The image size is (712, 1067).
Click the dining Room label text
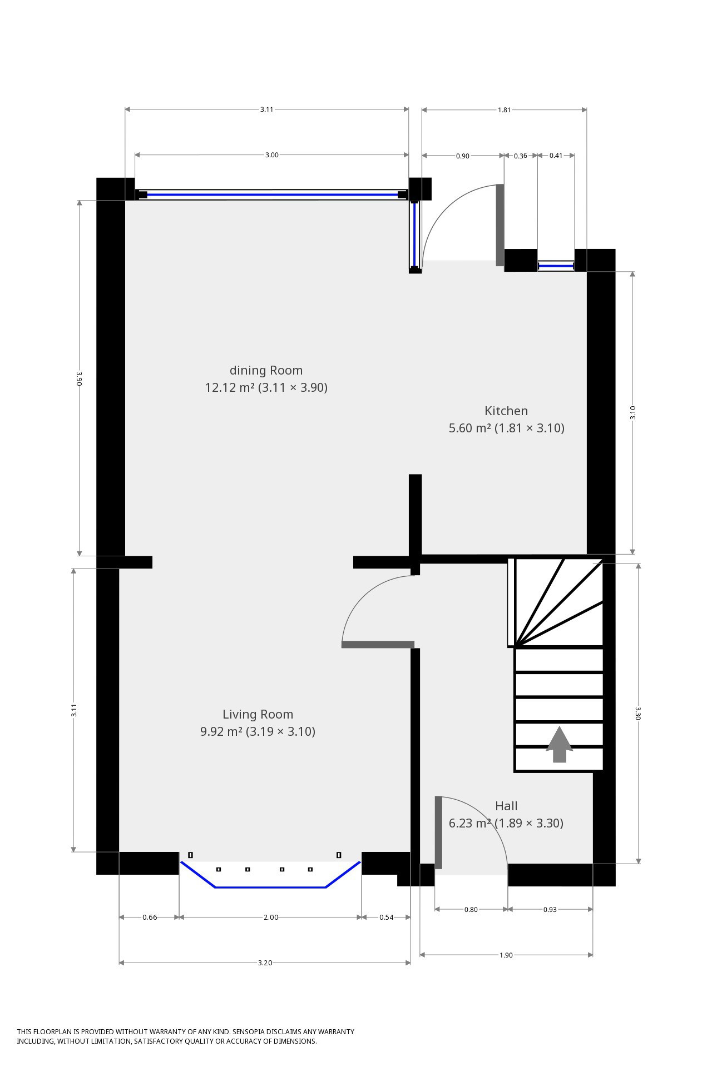click(266, 370)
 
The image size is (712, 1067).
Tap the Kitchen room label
click(506, 411)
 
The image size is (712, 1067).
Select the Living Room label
click(258, 714)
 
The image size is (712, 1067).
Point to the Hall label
click(506, 806)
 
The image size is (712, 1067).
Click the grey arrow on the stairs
click(559, 744)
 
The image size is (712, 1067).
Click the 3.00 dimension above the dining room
click(271, 155)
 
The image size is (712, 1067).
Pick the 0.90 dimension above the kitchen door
click(462, 156)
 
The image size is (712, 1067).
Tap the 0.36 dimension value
click(520, 156)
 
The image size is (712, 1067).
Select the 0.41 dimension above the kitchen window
click(556, 156)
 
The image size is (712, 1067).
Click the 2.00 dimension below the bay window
click(271, 918)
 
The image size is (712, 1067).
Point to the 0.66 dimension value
click(150, 918)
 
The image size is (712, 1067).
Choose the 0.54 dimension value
click(386, 918)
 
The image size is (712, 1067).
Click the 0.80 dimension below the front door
click(471, 910)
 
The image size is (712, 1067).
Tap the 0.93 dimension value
click(550, 910)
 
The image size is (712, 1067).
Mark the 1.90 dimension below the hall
click(506, 955)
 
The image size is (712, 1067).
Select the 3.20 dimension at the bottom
click(265, 963)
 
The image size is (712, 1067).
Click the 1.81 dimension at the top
click(504, 110)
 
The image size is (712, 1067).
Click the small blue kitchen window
click(556, 266)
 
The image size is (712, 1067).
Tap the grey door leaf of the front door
click(438, 832)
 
